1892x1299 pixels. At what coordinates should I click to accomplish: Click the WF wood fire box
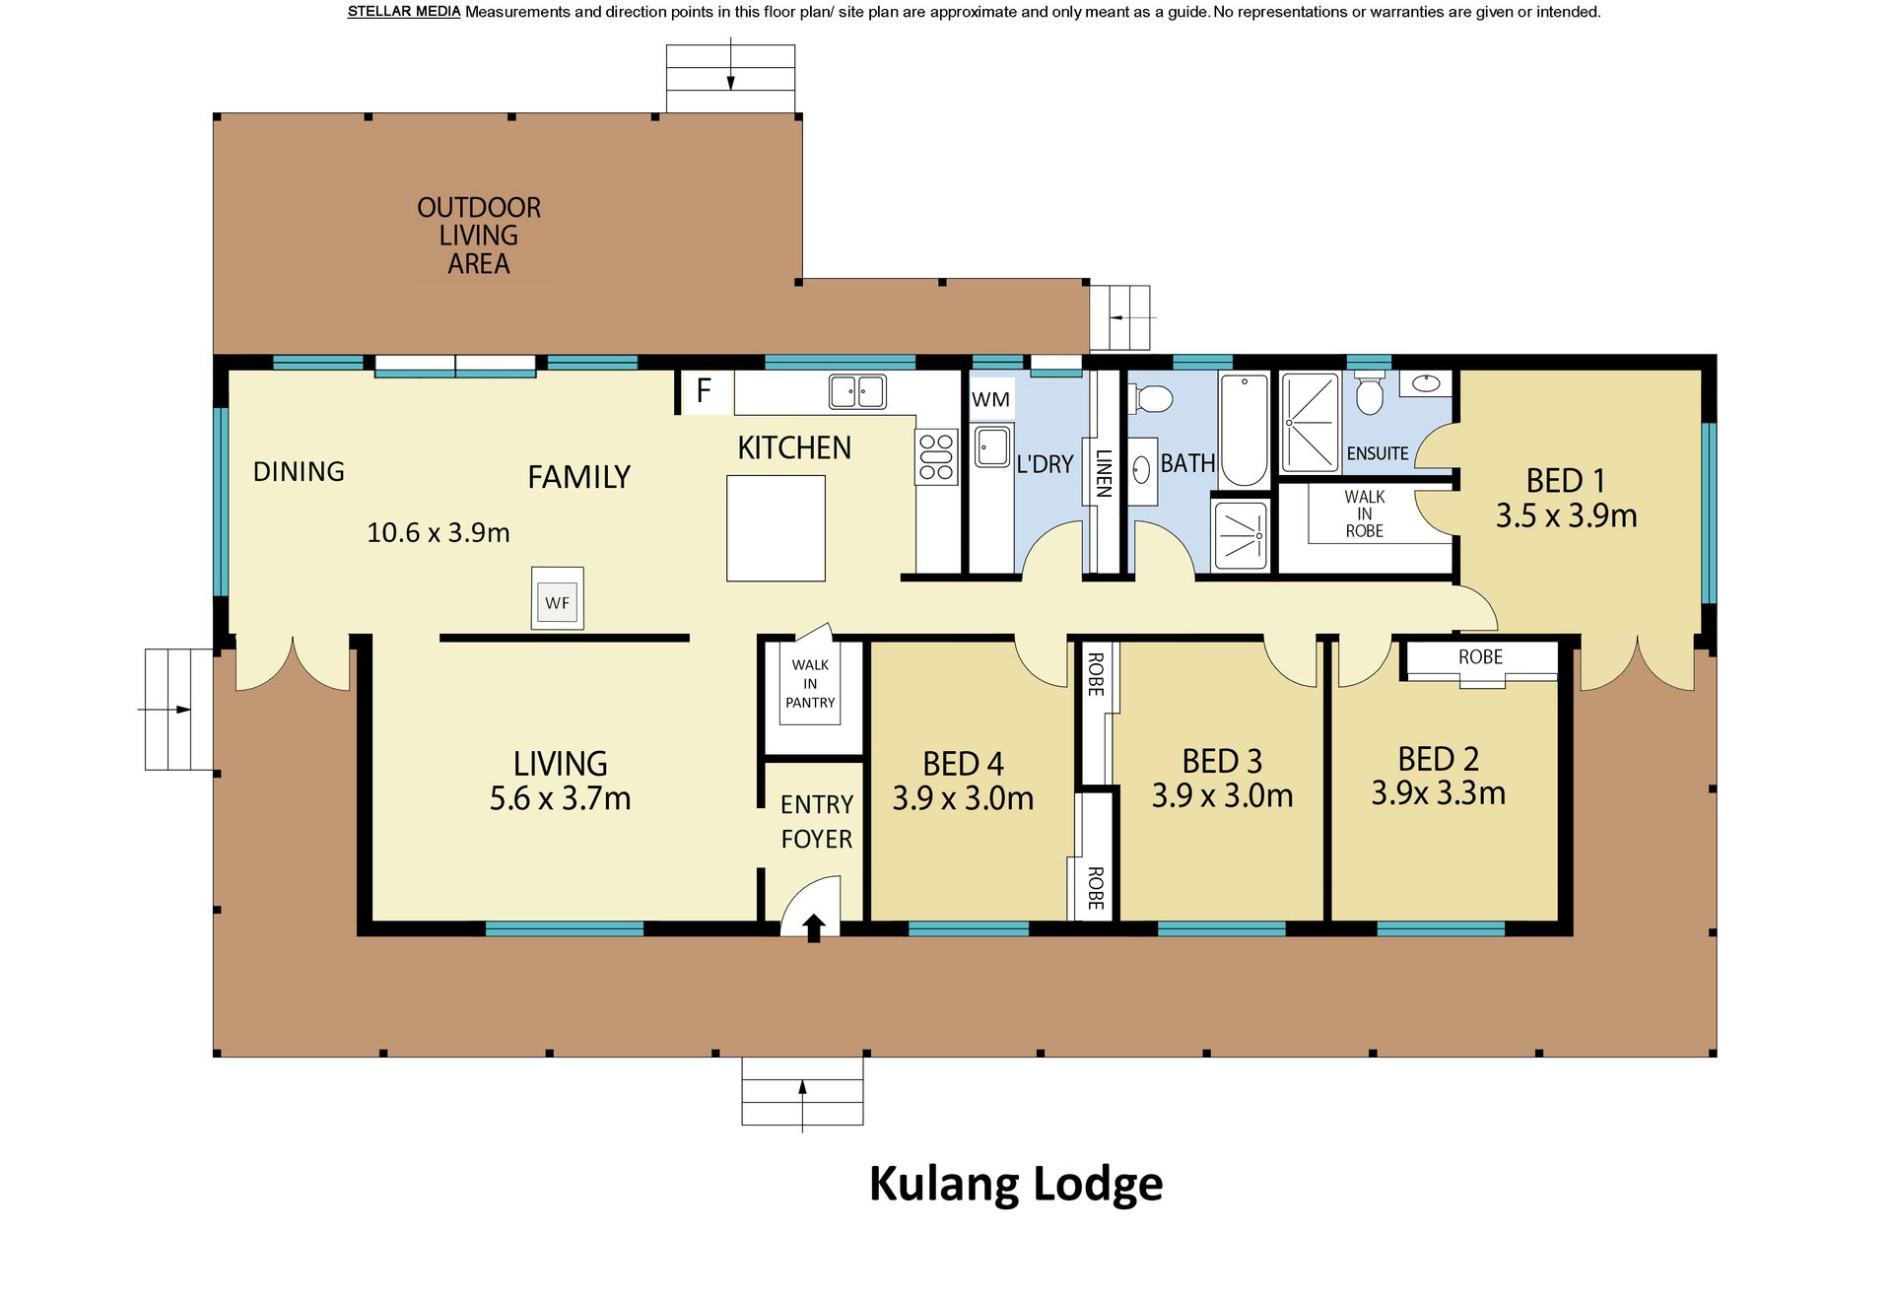(x=558, y=598)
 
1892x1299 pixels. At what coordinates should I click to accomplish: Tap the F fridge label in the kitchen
(x=704, y=391)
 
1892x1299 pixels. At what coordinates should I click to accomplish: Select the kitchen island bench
(x=776, y=528)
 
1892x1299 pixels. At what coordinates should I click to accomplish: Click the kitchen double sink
(x=856, y=391)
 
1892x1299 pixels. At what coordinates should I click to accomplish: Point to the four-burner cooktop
(x=936, y=457)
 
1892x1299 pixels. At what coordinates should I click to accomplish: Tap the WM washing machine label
(x=990, y=399)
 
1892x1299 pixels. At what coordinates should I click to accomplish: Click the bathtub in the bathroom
(x=1245, y=430)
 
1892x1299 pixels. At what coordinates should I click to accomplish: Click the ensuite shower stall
(x=1311, y=423)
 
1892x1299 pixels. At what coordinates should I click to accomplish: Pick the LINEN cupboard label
(x=1104, y=473)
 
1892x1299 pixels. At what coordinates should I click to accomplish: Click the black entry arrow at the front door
(x=813, y=928)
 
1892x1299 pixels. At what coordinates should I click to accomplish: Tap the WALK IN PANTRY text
(x=810, y=684)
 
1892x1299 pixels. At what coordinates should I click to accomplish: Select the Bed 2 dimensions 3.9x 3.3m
(x=1438, y=793)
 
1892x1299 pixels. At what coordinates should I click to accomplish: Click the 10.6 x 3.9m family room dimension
(x=439, y=533)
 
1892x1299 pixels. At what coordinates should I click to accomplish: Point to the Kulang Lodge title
(x=1016, y=1185)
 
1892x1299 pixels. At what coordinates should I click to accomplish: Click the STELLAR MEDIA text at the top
(x=404, y=12)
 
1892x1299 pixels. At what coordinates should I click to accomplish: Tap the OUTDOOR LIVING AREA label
(x=479, y=236)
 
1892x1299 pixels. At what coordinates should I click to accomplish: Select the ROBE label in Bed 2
(x=1480, y=656)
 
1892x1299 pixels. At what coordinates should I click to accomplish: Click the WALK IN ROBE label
(x=1365, y=513)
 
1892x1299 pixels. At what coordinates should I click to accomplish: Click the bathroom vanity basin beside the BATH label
(x=1143, y=469)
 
